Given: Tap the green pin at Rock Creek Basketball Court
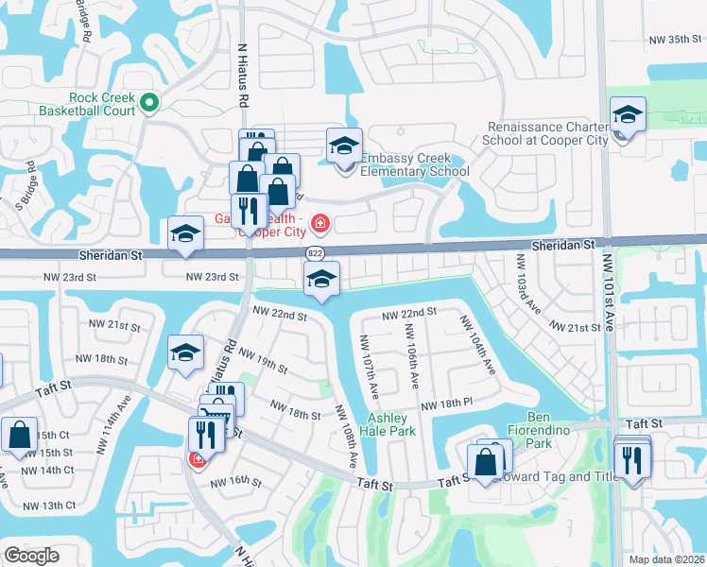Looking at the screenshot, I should click(148, 102).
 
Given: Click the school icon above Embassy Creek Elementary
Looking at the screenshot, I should click(345, 146).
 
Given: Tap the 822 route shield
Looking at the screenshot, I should click(316, 252).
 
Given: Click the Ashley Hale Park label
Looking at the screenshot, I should click(388, 424).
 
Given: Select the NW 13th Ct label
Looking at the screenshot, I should click(45, 506).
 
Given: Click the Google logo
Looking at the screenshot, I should click(31, 556).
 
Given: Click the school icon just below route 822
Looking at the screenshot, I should click(321, 279).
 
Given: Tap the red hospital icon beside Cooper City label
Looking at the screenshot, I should click(321, 223).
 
